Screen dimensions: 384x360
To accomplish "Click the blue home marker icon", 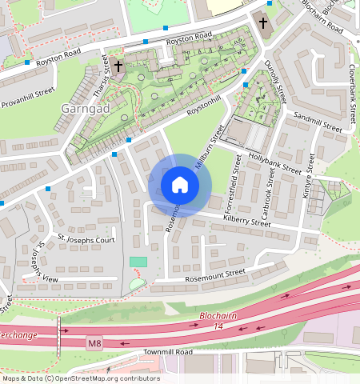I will point(180,185).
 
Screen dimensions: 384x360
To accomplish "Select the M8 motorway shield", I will point(95,344).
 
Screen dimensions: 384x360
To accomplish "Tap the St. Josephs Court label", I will point(86,239).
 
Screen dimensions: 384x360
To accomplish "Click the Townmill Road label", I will point(165,352).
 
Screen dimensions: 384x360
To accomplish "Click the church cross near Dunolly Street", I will point(262,22).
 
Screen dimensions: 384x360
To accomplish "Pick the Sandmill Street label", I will point(318,121).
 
